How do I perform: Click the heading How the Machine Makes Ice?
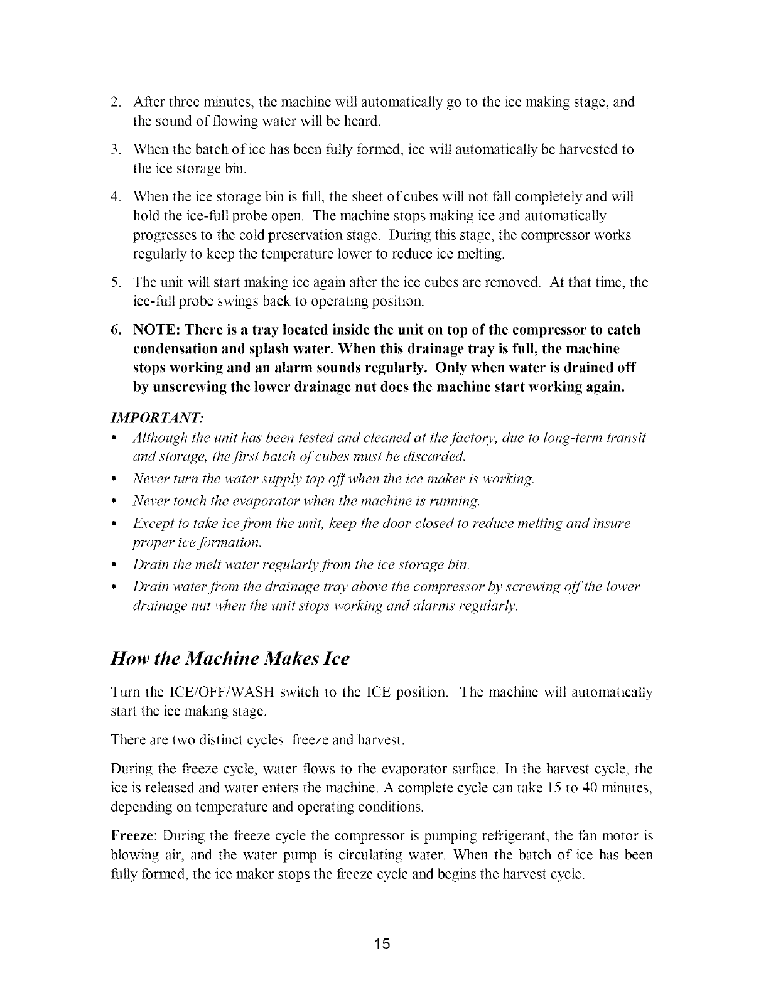229,659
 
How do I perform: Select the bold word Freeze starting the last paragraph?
128,836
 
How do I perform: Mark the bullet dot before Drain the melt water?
114,564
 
